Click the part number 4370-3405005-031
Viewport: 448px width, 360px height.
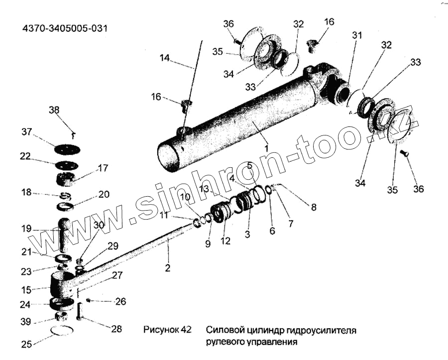coord(65,28)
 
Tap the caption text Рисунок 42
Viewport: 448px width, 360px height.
coord(167,330)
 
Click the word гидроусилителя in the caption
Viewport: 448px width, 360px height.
coord(324,330)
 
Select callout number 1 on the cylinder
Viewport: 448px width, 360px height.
coord(267,148)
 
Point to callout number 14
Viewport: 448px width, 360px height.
coord(164,58)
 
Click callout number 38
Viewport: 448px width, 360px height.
coord(54,111)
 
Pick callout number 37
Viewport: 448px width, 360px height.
coord(26,132)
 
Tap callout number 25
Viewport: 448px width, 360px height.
coord(25,344)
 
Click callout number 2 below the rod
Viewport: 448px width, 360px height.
coord(168,268)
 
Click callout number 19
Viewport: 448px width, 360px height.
coord(26,229)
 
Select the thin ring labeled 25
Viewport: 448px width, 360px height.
coord(62,330)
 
